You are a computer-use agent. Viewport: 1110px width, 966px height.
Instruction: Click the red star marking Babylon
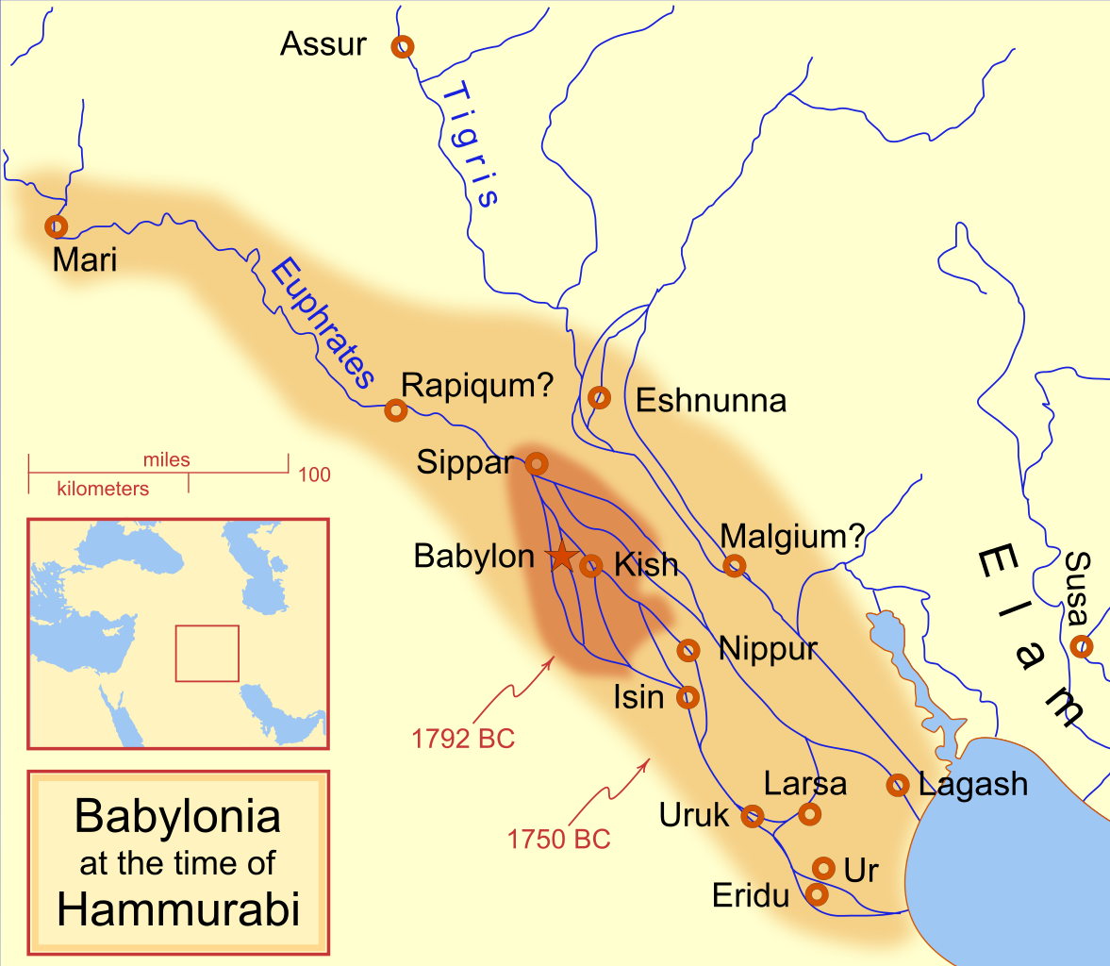[561, 557]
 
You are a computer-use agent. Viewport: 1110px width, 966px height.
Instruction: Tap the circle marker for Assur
[404, 45]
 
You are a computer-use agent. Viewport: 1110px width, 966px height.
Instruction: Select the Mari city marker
[57, 226]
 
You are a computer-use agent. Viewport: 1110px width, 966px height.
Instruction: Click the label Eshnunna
[711, 401]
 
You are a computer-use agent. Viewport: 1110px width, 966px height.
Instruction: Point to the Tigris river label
[470, 144]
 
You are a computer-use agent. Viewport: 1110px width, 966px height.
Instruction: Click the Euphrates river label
[321, 325]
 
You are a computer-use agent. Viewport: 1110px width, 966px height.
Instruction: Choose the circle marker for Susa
[1081, 647]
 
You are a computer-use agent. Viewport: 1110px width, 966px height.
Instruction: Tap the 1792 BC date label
[463, 739]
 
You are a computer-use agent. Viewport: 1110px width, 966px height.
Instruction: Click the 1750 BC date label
[558, 839]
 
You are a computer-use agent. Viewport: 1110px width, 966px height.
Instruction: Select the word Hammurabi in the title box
[178, 908]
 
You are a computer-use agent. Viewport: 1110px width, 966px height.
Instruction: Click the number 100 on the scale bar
[314, 475]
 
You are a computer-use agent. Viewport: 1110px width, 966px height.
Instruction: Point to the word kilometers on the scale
[103, 489]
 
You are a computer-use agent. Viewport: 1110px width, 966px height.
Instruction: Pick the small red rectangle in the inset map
[207, 653]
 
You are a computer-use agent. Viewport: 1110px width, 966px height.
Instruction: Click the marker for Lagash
[898, 784]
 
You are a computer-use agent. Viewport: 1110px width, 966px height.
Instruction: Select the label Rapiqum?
[477, 385]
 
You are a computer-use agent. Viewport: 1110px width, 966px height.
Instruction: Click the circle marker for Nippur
[688, 650]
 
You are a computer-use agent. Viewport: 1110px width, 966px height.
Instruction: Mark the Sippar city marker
[536, 463]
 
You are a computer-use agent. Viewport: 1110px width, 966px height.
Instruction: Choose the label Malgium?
[792, 537]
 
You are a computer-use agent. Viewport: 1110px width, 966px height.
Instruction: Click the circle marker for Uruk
[752, 816]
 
